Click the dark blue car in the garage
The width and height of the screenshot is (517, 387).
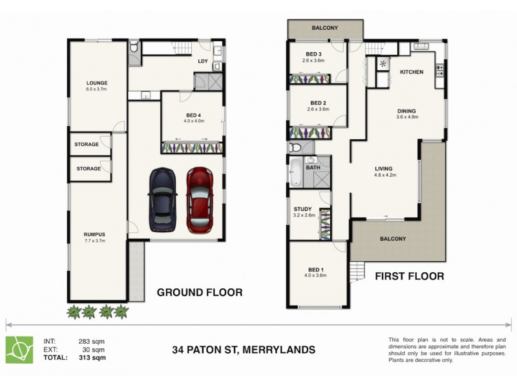point(161,201)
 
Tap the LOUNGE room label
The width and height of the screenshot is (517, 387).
point(98,83)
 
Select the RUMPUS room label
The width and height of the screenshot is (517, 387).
point(94,234)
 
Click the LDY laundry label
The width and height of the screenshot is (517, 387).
point(202,62)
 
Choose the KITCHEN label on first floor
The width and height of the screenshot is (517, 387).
point(411,72)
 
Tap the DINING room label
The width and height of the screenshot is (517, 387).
point(406,111)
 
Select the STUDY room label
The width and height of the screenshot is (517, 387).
point(302,209)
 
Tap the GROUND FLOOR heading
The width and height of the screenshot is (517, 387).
point(200,293)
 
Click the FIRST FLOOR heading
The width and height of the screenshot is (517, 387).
point(410,276)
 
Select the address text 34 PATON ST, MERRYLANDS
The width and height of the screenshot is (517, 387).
point(244,350)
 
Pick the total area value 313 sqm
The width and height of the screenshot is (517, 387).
point(90,357)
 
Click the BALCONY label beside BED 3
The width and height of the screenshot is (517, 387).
point(324,28)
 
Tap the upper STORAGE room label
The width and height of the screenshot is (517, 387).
point(87,144)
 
